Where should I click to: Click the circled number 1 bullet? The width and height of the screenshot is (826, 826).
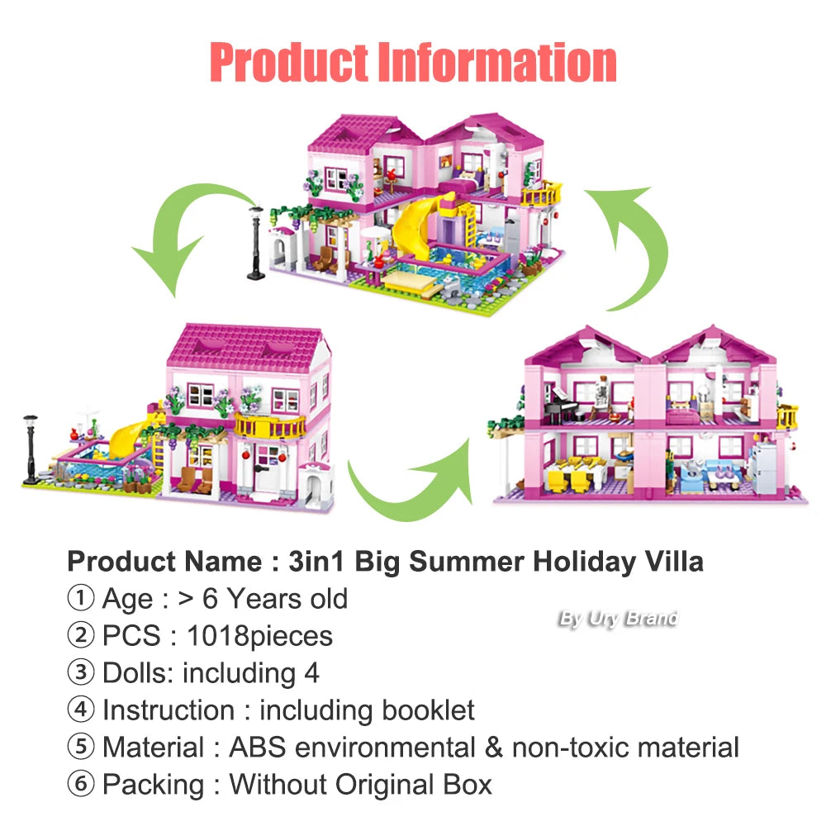[x=80, y=599]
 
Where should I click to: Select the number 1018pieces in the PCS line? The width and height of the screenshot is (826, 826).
[x=259, y=636]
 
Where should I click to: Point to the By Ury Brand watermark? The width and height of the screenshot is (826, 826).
[x=618, y=618]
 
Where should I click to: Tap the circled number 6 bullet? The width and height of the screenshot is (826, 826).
[x=80, y=785]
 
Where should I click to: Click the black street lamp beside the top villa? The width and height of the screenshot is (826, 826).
[x=256, y=240]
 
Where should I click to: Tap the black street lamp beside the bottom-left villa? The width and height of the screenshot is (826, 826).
[x=31, y=447]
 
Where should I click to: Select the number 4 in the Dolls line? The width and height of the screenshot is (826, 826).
[x=311, y=673]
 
